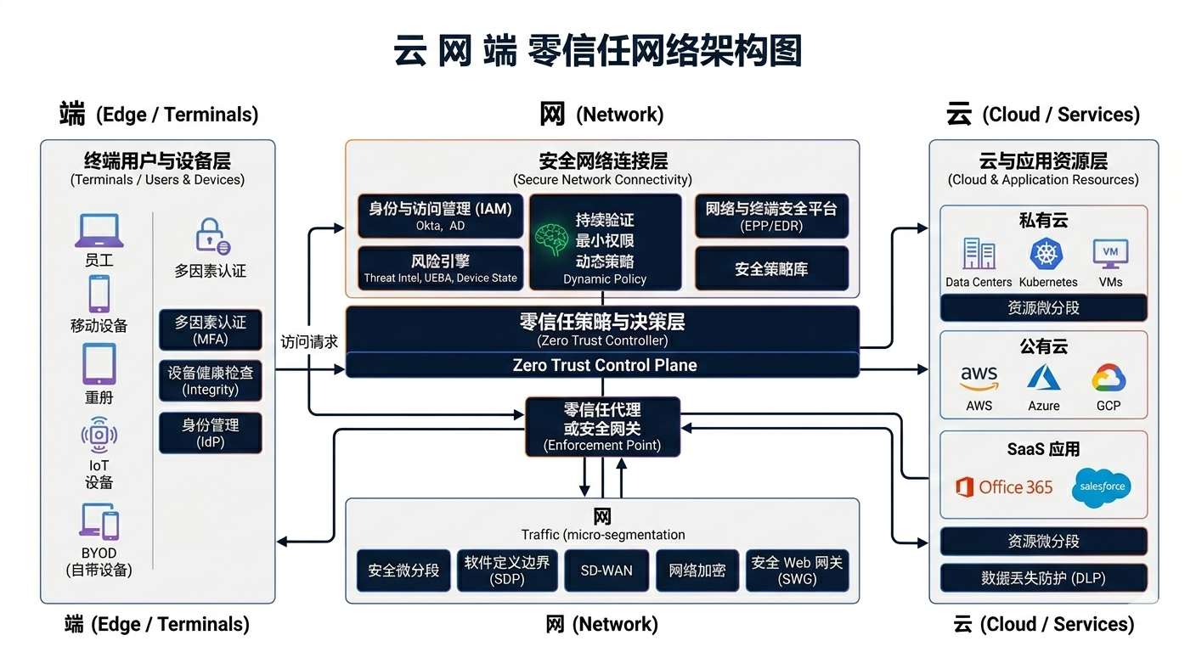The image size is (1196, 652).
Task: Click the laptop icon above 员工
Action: coord(99,230)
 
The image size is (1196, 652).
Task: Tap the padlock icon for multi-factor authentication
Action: coord(211,236)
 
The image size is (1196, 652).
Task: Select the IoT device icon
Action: coord(99,436)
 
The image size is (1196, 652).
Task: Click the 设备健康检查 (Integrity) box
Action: coord(210,380)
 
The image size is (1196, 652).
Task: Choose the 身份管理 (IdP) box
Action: coord(210,432)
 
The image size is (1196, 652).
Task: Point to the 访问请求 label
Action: coord(309,342)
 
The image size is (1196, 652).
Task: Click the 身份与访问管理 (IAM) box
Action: coord(440,216)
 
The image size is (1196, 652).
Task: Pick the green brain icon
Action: coord(551,240)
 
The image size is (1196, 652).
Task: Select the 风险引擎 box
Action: coord(440,268)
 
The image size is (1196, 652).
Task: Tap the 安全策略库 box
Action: coord(771,268)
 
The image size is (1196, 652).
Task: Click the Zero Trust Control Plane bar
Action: coord(603,365)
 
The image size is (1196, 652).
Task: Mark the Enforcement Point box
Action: coord(602,426)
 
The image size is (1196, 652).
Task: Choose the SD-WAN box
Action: coord(606,570)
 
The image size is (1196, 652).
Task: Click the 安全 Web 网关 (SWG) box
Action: coord(796,570)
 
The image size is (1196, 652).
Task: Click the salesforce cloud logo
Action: coord(1102,487)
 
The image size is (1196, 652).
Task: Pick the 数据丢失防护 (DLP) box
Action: coord(1043,578)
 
